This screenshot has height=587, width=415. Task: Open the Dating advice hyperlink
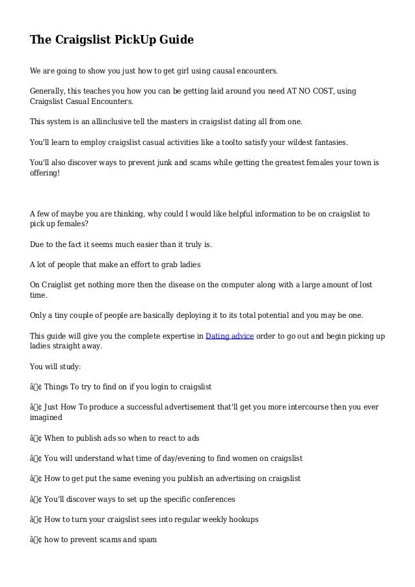230,335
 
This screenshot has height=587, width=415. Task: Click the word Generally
50,90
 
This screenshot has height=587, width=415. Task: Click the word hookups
241,519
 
